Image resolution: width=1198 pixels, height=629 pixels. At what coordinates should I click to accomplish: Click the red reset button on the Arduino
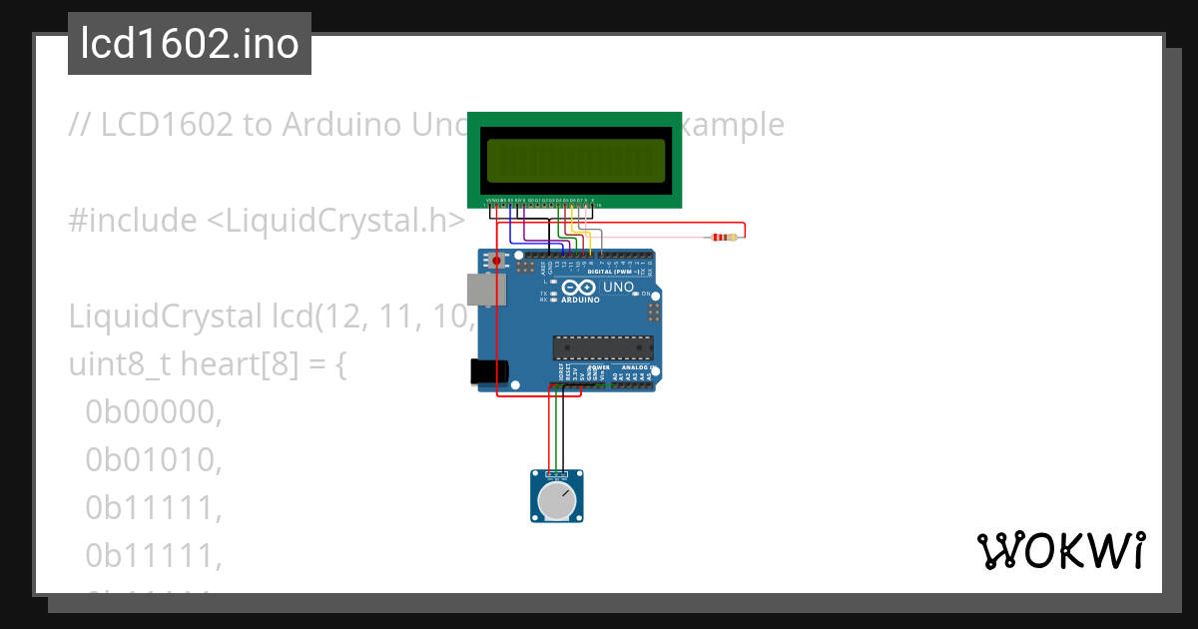[x=496, y=261]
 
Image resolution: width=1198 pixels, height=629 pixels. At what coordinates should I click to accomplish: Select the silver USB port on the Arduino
[x=490, y=290]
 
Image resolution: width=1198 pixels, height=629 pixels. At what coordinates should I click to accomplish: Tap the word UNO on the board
[x=618, y=288]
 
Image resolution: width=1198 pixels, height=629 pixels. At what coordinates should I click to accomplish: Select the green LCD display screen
[x=575, y=160]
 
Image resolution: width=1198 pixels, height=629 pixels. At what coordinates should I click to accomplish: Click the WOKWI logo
[x=1060, y=550]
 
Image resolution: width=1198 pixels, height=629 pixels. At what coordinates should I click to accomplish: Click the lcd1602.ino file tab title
[x=190, y=44]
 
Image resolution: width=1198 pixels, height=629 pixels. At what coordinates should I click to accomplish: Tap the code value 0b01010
[x=153, y=459]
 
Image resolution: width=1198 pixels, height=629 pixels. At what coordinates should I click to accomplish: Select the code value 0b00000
[x=153, y=411]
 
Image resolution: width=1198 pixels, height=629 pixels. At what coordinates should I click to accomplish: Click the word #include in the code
[x=133, y=221]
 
